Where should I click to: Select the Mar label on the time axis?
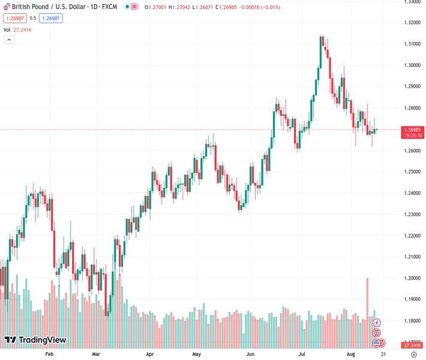95,355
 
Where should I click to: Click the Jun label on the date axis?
250,355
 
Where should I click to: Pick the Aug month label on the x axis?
352,355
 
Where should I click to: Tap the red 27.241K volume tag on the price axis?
412,346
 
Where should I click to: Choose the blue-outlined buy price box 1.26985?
51,18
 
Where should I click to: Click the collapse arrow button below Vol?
9,40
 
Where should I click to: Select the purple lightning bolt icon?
377,323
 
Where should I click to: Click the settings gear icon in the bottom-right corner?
413,355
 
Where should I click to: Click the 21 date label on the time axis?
383,355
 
